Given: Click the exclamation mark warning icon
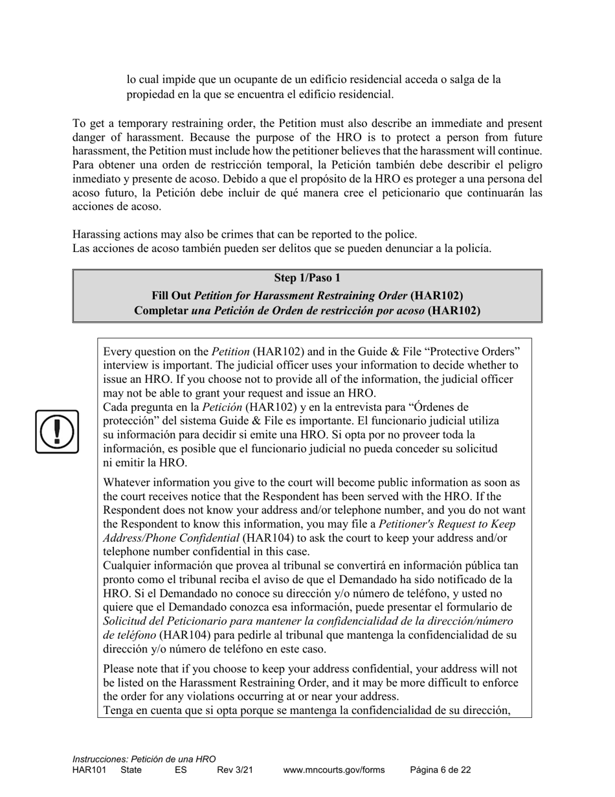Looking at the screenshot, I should [57, 432].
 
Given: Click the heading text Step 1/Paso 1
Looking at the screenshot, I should [307, 278].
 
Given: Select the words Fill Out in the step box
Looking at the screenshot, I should [171, 295].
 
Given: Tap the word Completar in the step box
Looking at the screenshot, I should [162, 310].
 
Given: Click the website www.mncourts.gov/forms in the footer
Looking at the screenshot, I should [333, 770].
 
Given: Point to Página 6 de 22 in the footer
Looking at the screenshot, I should [440, 770].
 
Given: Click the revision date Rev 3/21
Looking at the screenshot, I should [235, 770].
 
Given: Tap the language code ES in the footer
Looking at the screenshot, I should [181, 770].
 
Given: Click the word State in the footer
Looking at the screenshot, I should [131, 770].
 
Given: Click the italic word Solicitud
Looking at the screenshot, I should [127, 621].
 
